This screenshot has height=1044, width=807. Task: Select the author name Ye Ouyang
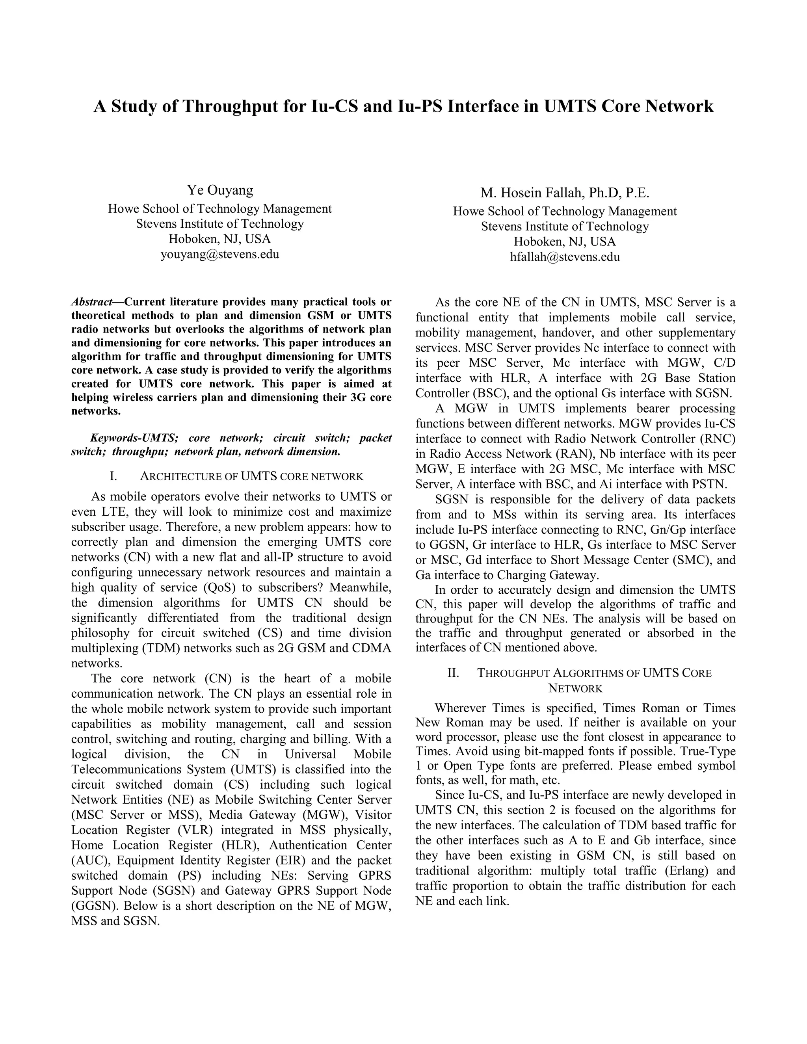(220, 190)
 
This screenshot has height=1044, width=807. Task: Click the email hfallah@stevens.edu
(565, 257)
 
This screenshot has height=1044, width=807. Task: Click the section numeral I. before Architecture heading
(113, 477)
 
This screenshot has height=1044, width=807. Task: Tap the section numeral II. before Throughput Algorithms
(453, 673)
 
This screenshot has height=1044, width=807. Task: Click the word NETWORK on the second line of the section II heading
(575, 688)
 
